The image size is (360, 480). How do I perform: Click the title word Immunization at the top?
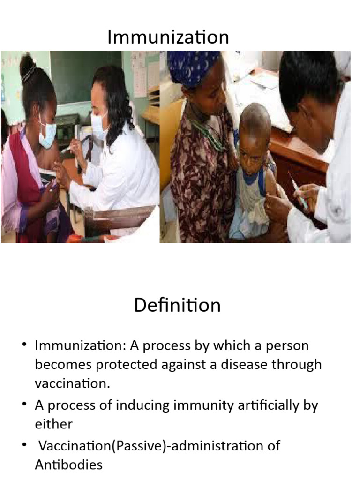(168, 37)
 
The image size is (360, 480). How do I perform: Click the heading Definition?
(177, 306)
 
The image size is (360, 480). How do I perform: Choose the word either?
(53, 424)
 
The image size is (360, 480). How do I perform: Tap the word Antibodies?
(68, 465)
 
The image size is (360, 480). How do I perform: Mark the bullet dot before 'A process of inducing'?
(24, 405)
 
